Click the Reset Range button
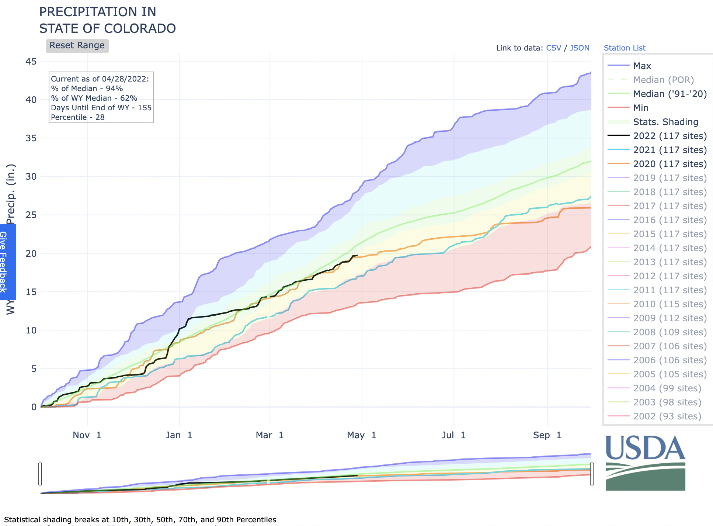77,46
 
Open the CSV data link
553,48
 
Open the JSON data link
579,48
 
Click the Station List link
625,48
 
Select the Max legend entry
642,66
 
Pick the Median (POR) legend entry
663,80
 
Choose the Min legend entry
640,108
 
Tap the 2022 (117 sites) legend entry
669,136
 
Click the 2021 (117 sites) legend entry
669,150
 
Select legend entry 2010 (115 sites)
669,304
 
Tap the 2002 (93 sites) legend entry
667,416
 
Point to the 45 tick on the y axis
31,61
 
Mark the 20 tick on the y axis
31,253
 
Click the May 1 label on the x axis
361,435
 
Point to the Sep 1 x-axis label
547,435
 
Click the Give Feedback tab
4,262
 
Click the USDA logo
645,463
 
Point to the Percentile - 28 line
78,117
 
